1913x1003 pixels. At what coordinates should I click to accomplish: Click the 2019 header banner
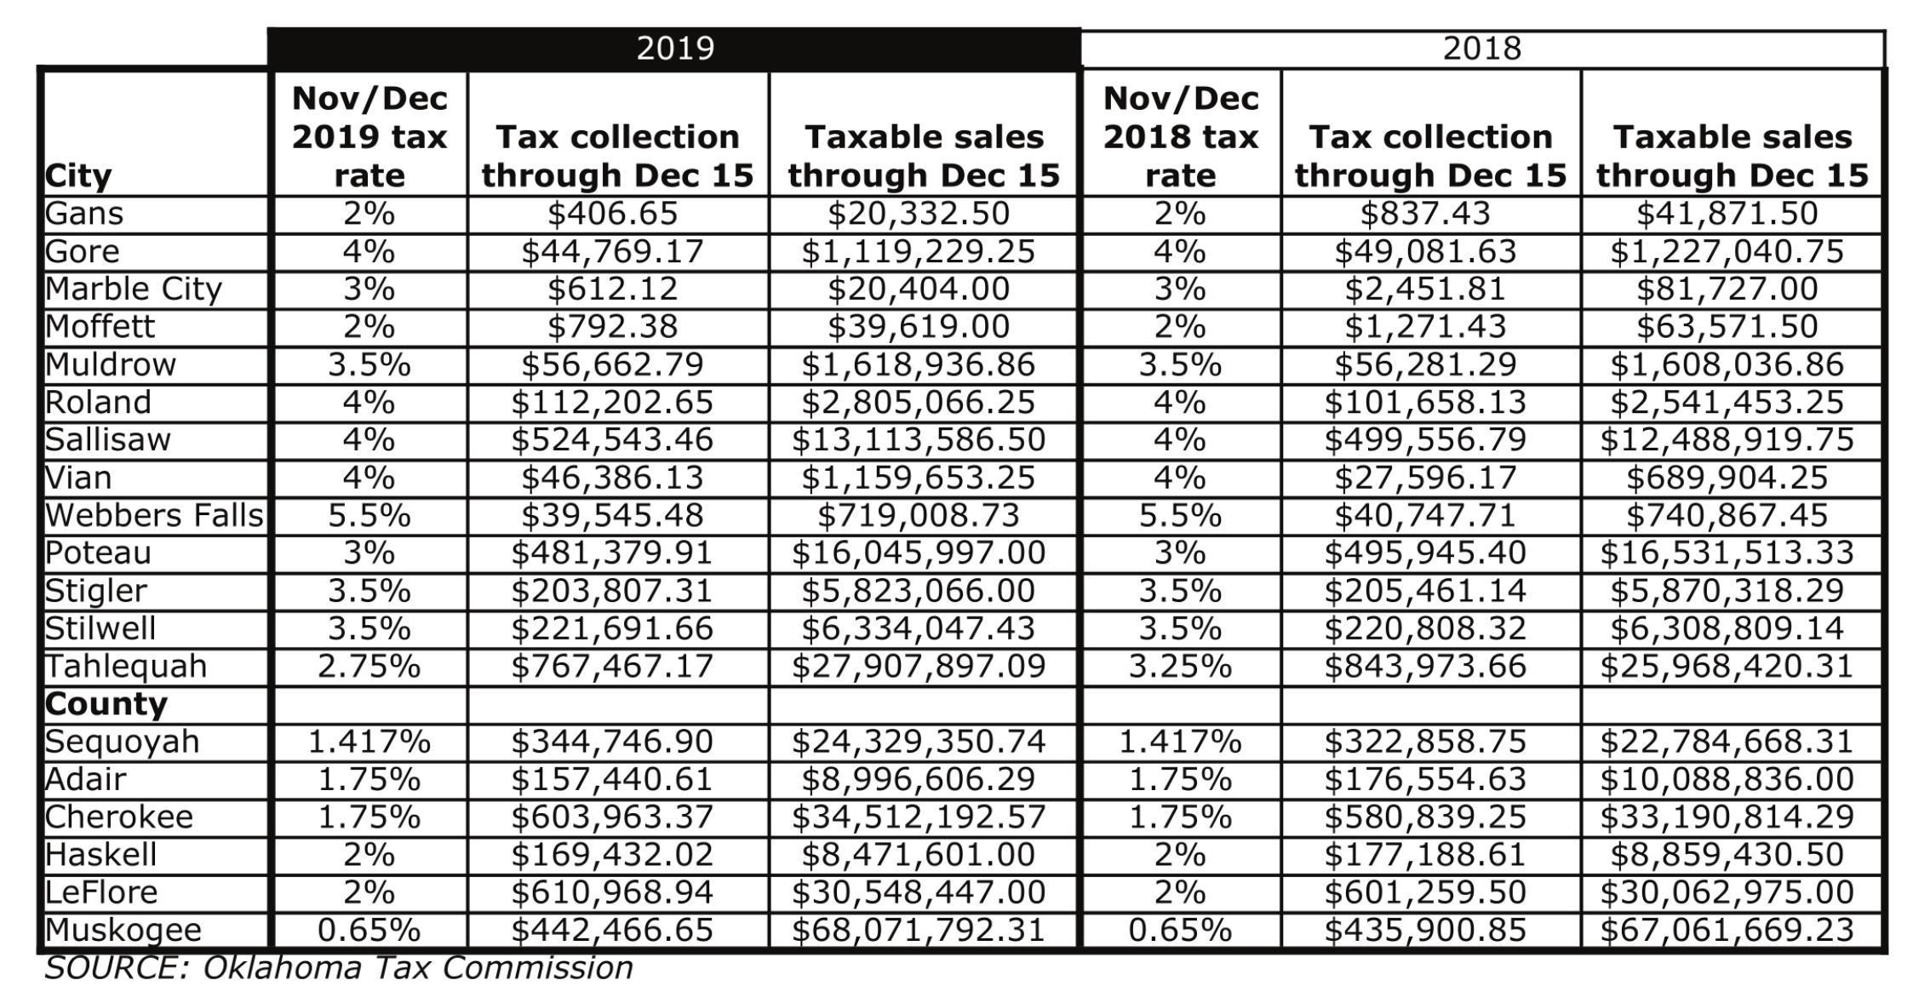[x=674, y=48]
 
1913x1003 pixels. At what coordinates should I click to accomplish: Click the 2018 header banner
[x=1481, y=49]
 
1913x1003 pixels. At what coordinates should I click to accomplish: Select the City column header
[x=78, y=176]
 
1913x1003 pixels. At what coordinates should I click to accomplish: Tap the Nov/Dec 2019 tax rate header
[x=369, y=136]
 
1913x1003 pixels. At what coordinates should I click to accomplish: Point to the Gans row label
[x=84, y=213]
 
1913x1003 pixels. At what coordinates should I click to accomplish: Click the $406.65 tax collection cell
[x=612, y=213]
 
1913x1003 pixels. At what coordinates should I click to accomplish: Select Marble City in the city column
[x=133, y=289]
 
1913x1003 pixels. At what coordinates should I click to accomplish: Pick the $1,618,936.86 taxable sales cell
[x=918, y=364]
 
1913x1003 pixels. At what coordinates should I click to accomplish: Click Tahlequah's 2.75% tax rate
[x=369, y=666]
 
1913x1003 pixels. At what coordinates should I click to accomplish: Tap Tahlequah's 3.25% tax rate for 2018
[x=1180, y=666]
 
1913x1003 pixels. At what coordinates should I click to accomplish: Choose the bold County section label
[x=106, y=704]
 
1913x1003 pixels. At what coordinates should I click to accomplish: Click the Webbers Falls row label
[x=154, y=515]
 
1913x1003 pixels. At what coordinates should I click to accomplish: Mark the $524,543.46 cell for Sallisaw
[x=612, y=439]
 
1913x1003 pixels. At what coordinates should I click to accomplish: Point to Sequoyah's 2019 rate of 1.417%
[x=369, y=742]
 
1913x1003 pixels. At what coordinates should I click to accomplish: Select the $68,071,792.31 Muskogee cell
[x=918, y=930]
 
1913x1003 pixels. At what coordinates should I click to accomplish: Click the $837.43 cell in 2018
[x=1425, y=213]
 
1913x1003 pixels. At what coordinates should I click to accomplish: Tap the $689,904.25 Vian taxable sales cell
[x=1727, y=478]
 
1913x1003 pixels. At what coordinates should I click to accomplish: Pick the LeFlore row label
[x=101, y=892]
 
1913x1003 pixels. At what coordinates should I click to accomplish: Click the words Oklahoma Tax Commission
[x=417, y=968]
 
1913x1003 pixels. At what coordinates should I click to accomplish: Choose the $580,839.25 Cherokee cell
[x=1425, y=817]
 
